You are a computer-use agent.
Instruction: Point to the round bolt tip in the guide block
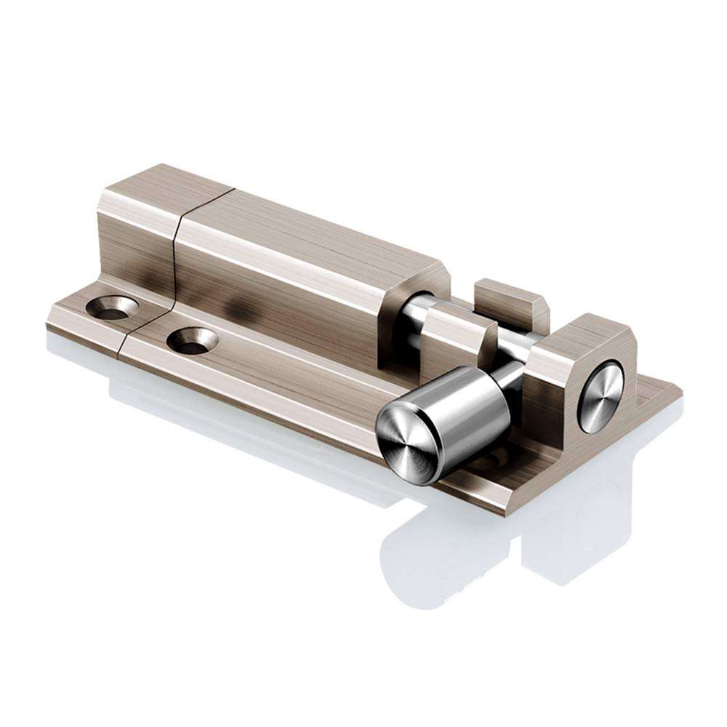click(601, 397)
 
